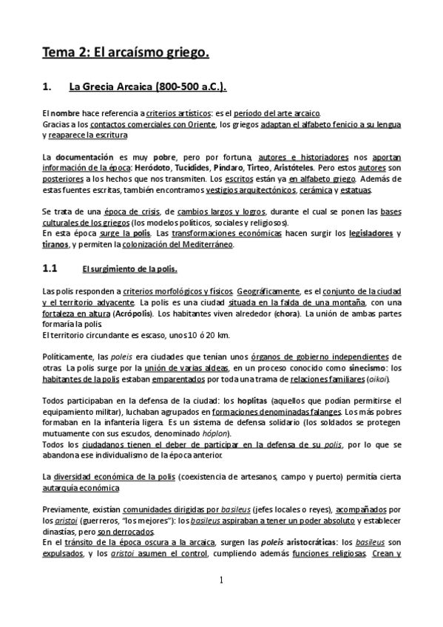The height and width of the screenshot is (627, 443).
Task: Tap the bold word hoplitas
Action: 270,401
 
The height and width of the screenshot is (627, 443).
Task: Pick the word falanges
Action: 326,412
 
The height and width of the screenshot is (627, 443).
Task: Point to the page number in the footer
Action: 221,580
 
